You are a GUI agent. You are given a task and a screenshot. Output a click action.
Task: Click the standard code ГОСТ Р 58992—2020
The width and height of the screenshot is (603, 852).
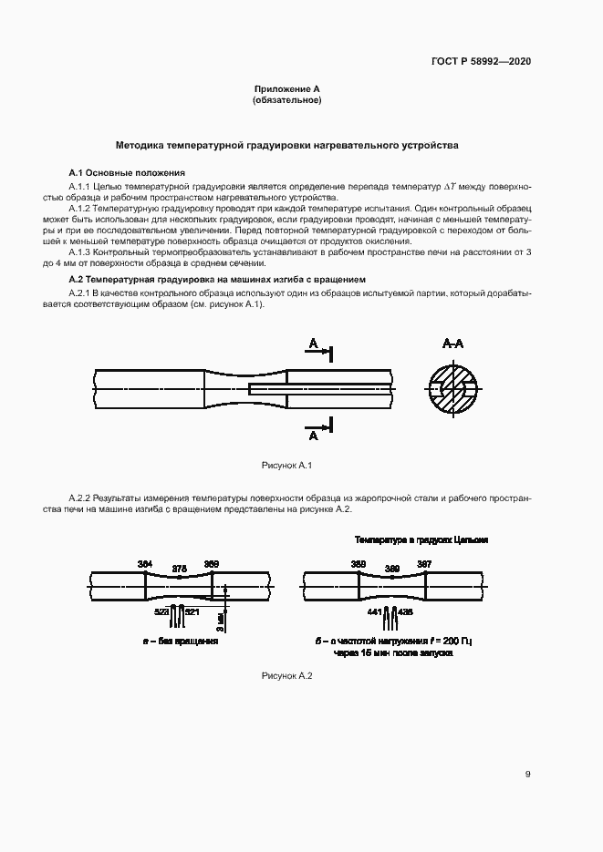[481, 61]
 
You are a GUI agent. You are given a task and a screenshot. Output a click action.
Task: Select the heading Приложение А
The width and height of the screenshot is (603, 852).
[286, 89]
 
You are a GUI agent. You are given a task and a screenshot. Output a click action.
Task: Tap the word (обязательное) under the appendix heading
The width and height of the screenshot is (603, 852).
[286, 99]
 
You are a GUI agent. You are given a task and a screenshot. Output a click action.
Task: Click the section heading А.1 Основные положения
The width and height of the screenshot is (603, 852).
[127, 172]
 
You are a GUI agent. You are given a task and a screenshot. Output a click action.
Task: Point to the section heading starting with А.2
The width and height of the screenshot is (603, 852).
[217, 278]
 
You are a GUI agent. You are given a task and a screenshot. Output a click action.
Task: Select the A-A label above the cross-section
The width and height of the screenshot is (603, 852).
[453, 344]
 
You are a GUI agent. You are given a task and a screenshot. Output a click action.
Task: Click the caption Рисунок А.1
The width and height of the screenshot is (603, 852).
[286, 466]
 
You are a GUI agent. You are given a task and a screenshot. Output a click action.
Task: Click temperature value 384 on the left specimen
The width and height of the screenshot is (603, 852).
[145, 564]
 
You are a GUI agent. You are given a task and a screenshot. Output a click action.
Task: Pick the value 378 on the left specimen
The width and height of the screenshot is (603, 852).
[180, 569]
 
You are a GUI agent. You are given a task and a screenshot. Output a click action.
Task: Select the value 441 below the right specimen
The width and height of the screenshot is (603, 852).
[375, 611]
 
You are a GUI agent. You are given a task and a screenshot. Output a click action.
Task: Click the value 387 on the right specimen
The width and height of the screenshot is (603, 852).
[424, 564]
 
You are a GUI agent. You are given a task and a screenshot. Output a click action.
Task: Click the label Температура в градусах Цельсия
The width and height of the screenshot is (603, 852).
[421, 539]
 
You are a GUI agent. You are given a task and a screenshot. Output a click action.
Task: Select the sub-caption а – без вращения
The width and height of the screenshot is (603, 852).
[180, 642]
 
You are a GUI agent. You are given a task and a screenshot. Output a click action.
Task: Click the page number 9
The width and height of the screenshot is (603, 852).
[527, 775]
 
